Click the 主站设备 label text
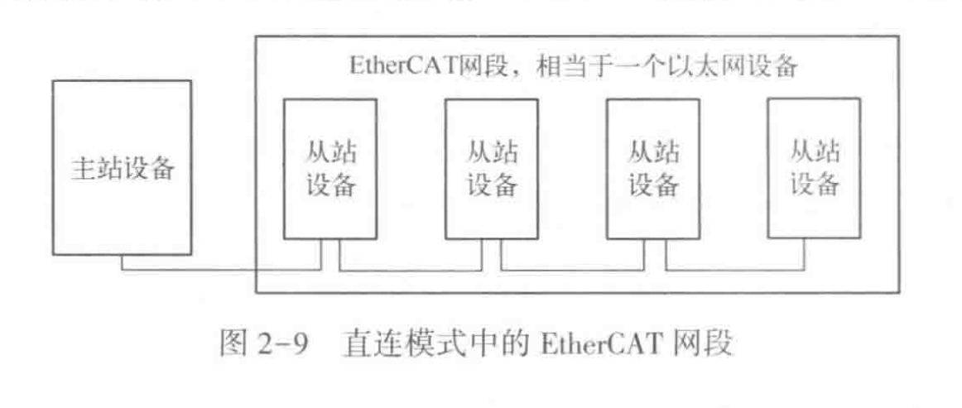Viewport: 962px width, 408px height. pyautogui.click(x=122, y=169)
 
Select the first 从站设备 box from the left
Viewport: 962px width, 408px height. pyautogui.click(x=329, y=168)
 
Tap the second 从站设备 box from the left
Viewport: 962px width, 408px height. pyautogui.click(x=492, y=168)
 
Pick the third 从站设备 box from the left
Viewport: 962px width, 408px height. pyautogui.click(x=653, y=168)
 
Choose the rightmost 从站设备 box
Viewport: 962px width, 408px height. pyautogui.click(x=814, y=168)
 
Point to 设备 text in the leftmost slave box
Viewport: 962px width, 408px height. pyautogui.click(x=330, y=185)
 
